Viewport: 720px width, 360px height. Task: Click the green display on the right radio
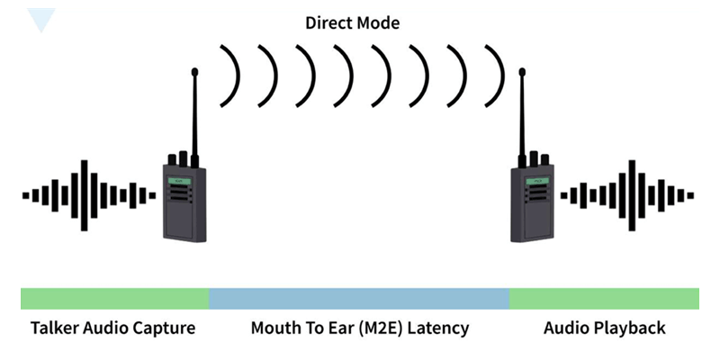click(x=537, y=180)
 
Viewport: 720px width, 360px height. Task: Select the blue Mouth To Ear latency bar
click(x=359, y=299)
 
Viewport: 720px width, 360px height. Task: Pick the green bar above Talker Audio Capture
click(x=114, y=299)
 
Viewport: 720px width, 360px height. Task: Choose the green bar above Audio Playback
click(x=604, y=299)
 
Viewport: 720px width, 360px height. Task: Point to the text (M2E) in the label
click(x=379, y=328)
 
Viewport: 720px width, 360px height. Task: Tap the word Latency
click(x=439, y=328)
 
